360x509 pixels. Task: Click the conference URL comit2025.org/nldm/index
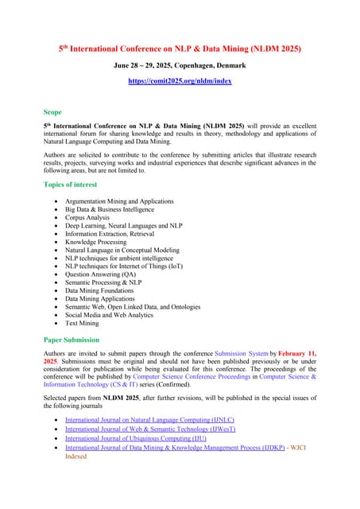click(180, 82)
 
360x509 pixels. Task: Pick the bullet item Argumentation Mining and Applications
click(119, 202)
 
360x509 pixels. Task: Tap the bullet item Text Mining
click(82, 324)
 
